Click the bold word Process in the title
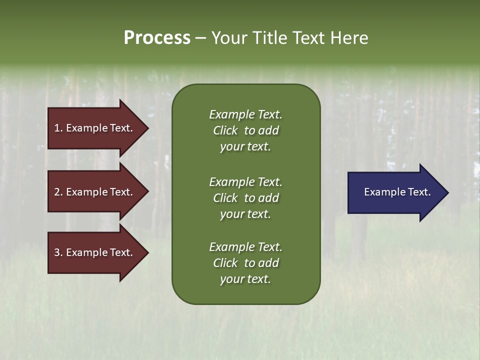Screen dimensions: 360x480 pyautogui.click(x=157, y=38)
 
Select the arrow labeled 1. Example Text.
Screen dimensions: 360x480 pyautogui.click(x=93, y=128)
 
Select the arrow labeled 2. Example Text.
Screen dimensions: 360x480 pyautogui.click(x=93, y=192)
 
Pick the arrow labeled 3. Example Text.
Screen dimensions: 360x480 pyautogui.click(x=93, y=252)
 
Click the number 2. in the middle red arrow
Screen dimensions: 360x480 pyautogui.click(x=58, y=192)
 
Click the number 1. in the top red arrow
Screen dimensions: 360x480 pyautogui.click(x=58, y=128)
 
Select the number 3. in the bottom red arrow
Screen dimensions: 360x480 pyautogui.click(x=58, y=252)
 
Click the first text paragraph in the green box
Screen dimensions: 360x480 pyautogui.click(x=245, y=130)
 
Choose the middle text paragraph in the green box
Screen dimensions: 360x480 pyautogui.click(x=245, y=198)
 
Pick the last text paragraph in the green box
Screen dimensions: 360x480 pyautogui.click(x=245, y=263)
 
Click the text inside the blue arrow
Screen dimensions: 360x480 pyautogui.click(x=397, y=192)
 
